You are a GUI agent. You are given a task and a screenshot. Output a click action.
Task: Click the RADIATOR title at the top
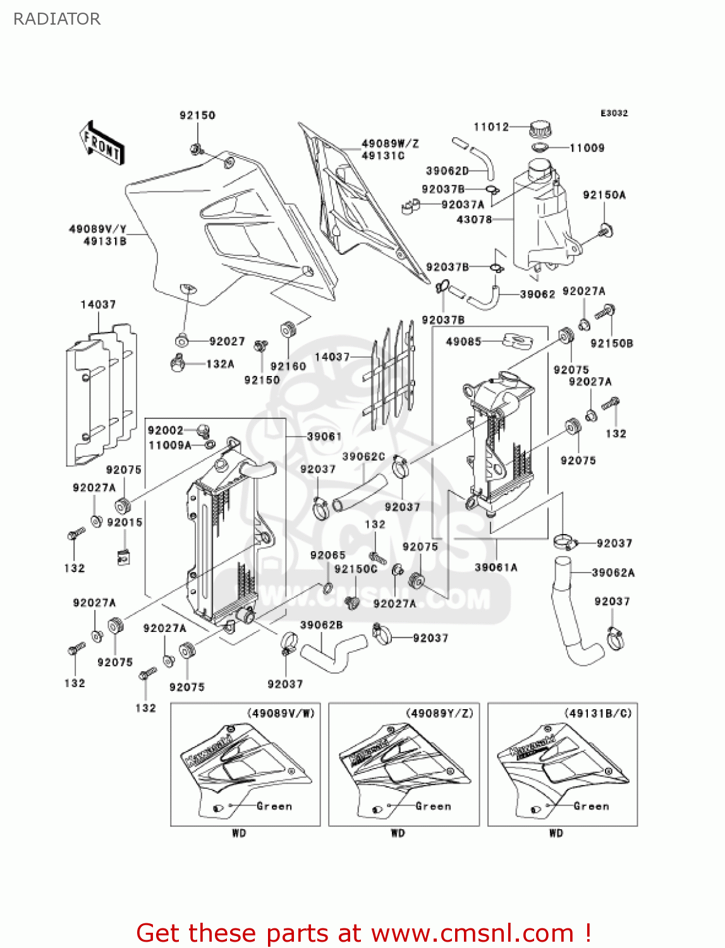(x=57, y=19)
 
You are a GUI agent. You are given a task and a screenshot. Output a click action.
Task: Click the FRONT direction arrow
(x=102, y=143)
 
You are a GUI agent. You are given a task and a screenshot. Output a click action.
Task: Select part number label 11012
(x=491, y=127)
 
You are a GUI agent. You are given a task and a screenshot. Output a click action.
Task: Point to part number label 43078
(x=474, y=219)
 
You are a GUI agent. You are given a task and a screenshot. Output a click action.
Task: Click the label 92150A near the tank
(x=604, y=195)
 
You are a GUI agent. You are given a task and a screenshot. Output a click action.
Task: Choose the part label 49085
(x=463, y=341)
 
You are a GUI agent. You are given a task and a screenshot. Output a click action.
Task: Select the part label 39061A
(x=496, y=568)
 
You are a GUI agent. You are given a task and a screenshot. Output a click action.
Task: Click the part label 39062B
(x=321, y=625)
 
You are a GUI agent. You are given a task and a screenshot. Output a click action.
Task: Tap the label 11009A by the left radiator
(x=169, y=445)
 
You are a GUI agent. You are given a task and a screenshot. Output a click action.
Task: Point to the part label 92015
(x=125, y=522)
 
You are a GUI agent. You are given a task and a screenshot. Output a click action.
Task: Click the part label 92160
(x=288, y=366)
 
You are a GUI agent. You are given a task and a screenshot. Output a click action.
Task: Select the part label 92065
(x=327, y=555)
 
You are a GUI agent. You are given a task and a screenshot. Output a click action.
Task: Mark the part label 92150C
(x=355, y=569)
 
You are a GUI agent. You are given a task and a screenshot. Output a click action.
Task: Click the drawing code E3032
(x=614, y=113)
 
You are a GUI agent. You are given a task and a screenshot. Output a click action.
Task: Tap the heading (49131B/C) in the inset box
(x=597, y=713)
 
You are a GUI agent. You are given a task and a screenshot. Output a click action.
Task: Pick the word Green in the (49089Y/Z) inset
(x=433, y=806)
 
